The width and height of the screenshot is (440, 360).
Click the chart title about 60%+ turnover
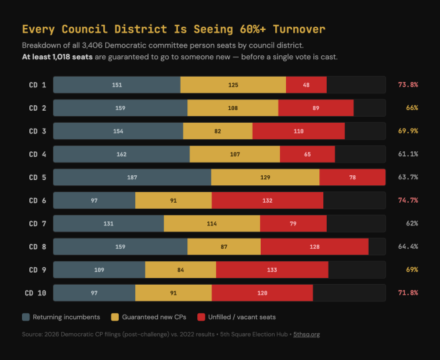pyautogui.click(x=173, y=29)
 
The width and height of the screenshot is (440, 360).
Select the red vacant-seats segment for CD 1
pyautogui.click(x=306, y=85)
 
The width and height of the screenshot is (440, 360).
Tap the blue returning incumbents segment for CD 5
pyautogui.click(x=132, y=177)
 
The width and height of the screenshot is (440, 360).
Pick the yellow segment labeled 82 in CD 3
pyautogui.click(x=217, y=131)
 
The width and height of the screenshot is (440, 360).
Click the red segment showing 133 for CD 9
pyautogui.click(x=271, y=270)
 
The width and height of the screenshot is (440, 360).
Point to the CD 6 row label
pyautogui.click(x=37, y=201)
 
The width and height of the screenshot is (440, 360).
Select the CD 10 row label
pyautogui.click(x=35, y=293)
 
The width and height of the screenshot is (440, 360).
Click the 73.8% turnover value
pyautogui.click(x=407, y=85)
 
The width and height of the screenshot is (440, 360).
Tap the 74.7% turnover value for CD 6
pyautogui.click(x=407, y=201)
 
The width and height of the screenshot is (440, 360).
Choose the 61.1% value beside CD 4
pyautogui.click(x=407, y=154)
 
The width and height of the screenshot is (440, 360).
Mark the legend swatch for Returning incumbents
pyautogui.click(x=26, y=317)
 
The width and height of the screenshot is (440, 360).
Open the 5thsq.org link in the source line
pyautogui.click(x=307, y=334)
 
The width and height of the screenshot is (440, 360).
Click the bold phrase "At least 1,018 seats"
pyautogui.click(x=57, y=57)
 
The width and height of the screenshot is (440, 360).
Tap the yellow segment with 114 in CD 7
pyautogui.click(x=211, y=223)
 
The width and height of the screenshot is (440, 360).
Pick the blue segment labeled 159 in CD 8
pyautogui.click(x=120, y=247)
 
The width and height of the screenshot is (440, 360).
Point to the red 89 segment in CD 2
pyautogui.click(x=315, y=108)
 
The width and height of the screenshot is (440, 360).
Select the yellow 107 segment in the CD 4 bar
pyautogui.click(x=235, y=154)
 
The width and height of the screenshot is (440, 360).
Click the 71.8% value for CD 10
pyautogui.click(x=407, y=293)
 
